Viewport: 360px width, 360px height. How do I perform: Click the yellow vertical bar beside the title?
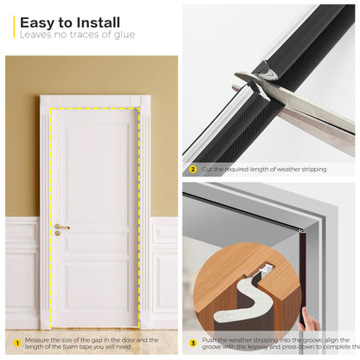14,27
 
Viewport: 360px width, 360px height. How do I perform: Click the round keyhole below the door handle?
58,234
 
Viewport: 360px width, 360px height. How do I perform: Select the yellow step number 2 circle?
193,169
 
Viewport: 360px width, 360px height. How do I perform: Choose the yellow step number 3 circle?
193,342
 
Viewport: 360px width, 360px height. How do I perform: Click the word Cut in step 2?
209,169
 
